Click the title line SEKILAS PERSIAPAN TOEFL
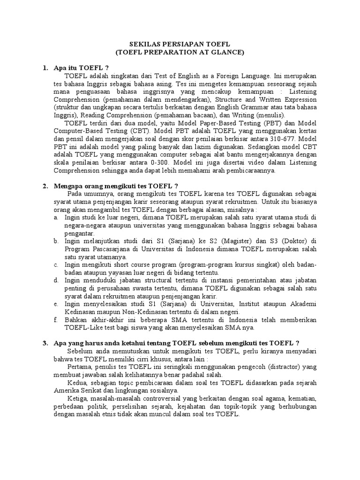[180, 44]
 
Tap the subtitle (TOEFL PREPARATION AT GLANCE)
[180, 52]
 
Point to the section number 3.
[45, 344]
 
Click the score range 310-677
[285, 139]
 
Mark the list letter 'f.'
[55, 320]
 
